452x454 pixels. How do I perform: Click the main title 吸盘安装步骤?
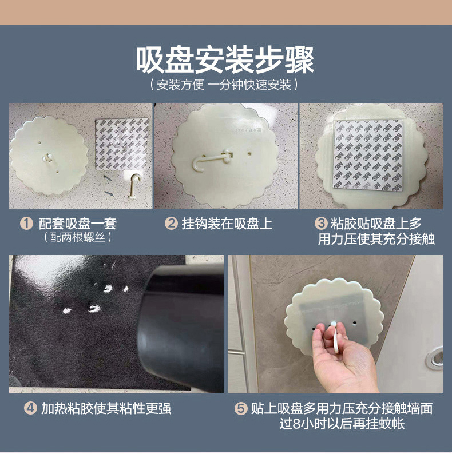(x=225, y=61)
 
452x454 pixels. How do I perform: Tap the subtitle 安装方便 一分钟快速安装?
(x=224, y=85)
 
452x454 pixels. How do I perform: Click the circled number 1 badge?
(x=26, y=224)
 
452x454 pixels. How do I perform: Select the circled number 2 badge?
(x=171, y=224)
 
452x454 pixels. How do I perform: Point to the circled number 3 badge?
(x=321, y=224)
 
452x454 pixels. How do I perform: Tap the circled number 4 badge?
(x=30, y=408)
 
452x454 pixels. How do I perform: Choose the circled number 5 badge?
(x=241, y=408)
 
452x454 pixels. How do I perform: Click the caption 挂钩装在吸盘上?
(x=227, y=224)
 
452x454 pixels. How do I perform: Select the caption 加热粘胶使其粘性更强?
(x=106, y=408)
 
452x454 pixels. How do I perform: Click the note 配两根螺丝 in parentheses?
(x=77, y=237)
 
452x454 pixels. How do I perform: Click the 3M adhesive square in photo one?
(x=122, y=144)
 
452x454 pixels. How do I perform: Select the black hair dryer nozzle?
(x=180, y=329)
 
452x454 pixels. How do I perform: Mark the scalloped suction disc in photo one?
(x=49, y=155)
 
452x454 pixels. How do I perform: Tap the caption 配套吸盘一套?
(x=78, y=224)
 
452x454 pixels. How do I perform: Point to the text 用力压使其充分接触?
(x=376, y=239)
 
